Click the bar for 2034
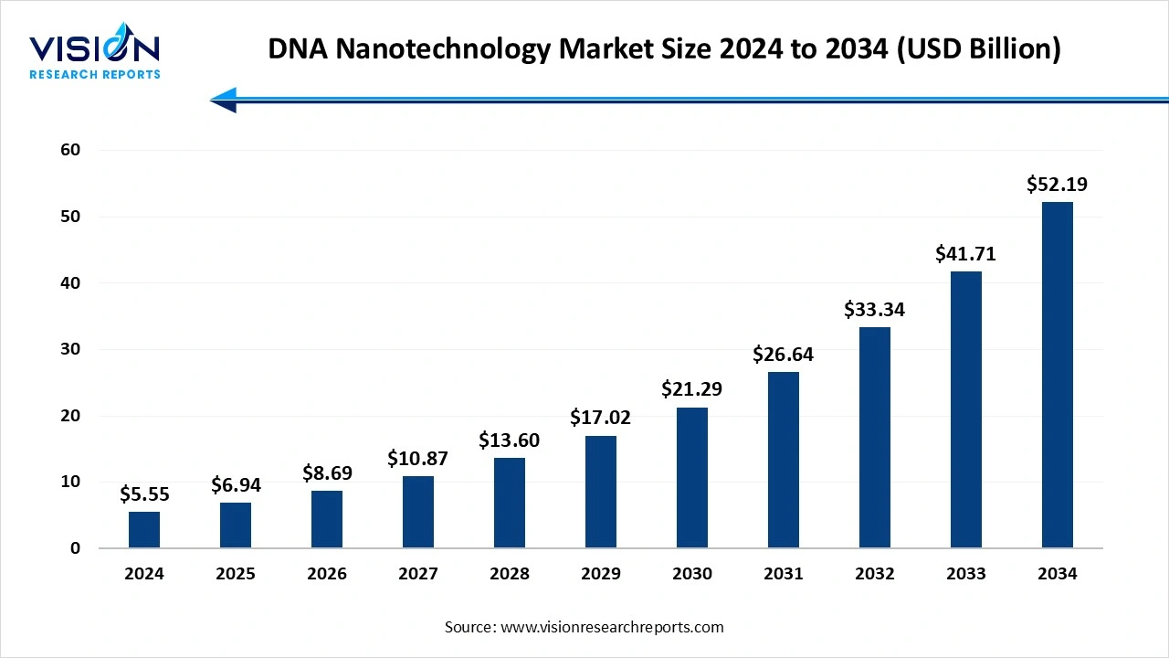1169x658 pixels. tap(1057, 375)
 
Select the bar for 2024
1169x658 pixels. tap(144, 530)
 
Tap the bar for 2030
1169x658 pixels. tap(692, 477)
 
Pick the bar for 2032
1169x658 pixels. tap(875, 437)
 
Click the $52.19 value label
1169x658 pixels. tap(1057, 185)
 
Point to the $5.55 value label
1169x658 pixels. tap(144, 494)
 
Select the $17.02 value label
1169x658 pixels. tap(600, 418)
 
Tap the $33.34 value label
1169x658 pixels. tap(874, 310)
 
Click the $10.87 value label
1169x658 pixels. tap(417, 459)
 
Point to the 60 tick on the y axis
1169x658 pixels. tap(70, 150)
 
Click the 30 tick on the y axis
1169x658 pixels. tap(70, 349)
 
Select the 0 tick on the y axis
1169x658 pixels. tap(76, 548)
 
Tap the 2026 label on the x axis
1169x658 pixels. tap(327, 574)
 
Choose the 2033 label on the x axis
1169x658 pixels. tap(965, 574)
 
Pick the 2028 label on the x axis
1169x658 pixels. tap(510, 574)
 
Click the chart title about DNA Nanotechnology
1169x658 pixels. tap(664, 49)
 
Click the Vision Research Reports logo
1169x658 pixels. tap(95, 55)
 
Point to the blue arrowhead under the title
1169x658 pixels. tap(225, 100)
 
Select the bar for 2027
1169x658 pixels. tap(418, 512)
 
